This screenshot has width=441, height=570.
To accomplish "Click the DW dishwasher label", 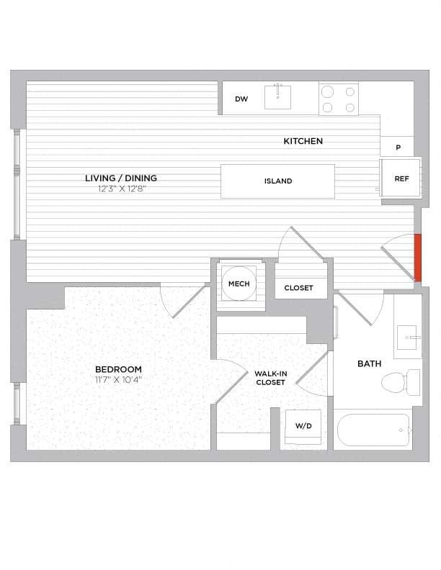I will pos(241,99).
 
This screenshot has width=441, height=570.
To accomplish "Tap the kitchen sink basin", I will pos(277,96).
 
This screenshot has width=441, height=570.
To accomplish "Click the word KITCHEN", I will pos(303,141).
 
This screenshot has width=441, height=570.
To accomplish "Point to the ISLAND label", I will pos(277,181).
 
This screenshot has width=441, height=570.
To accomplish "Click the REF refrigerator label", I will pos(401,178).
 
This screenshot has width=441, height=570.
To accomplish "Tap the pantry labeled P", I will pos(398,148).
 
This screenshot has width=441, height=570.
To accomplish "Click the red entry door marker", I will pos(417,258).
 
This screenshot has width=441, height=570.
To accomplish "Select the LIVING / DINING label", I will pos(121,178).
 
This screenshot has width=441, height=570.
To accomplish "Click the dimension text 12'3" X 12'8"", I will pos(121,189).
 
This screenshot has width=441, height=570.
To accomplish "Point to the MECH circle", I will pos(239,284).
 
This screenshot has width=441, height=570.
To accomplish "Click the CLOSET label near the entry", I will pos(298,288).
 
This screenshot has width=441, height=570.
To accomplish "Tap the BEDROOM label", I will pos(118,369).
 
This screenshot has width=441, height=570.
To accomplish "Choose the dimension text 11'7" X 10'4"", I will pos(118,379).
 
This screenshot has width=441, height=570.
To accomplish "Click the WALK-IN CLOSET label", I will pos(270,378).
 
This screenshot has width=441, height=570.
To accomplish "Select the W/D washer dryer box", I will pos(303,427).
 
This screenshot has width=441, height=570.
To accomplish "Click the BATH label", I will pos(370,363).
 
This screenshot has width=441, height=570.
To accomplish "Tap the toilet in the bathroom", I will pos(401,381).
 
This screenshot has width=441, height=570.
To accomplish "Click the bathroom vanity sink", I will pos(409,335).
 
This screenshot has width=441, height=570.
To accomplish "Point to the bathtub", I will pos(372,430).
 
